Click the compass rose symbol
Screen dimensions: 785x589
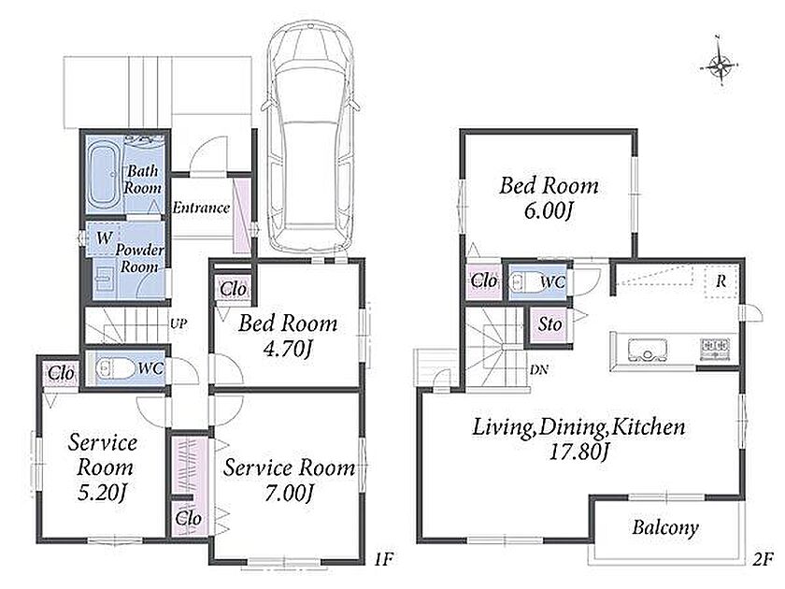(720, 65)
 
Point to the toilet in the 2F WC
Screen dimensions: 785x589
(524, 282)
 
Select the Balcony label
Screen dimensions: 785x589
(664, 527)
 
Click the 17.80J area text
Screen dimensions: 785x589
(579, 453)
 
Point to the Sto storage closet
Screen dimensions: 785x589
(550, 324)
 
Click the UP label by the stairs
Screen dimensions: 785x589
(178, 323)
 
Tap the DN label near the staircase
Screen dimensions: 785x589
(538, 370)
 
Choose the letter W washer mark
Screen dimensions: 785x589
(104, 237)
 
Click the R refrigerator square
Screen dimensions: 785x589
(721, 282)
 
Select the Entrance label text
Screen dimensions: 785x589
(201, 208)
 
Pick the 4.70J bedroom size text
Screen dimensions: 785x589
(289, 349)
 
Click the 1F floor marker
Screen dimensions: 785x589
(383, 558)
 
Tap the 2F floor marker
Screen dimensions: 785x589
(763, 558)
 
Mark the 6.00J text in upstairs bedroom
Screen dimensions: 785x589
(549, 211)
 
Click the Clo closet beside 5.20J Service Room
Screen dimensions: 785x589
(62, 373)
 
